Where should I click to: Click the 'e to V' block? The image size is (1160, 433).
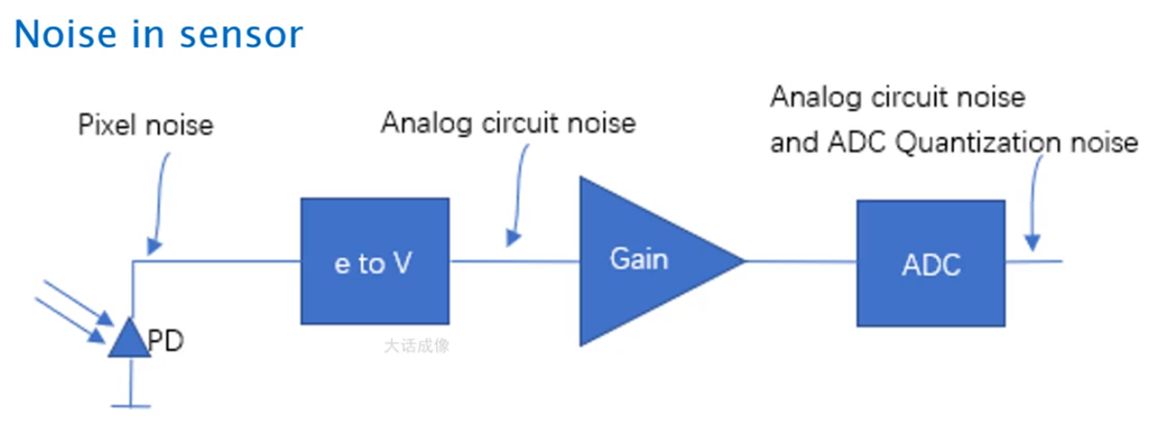point(373,261)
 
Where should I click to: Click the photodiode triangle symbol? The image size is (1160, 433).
point(129,339)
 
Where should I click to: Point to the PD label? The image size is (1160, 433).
point(165,341)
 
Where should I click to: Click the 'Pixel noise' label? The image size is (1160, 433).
point(145,125)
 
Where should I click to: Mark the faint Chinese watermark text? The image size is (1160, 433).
point(416,345)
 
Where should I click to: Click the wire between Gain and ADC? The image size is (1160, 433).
point(801,261)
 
